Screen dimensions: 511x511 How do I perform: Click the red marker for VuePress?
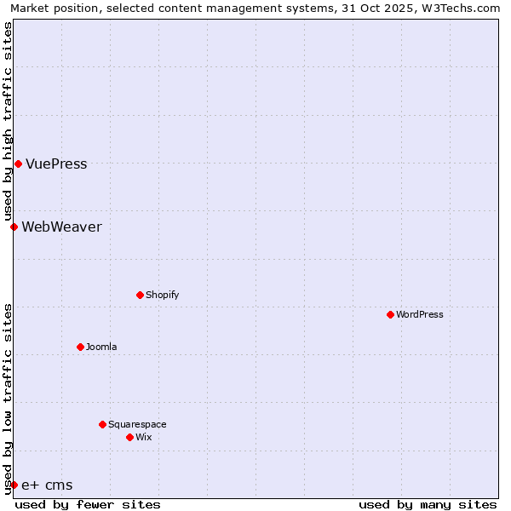(18, 164)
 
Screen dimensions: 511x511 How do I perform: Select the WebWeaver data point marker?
(14, 227)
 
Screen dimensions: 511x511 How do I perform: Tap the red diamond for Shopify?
(140, 295)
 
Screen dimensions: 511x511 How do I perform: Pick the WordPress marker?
(390, 314)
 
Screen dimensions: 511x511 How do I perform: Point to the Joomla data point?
(80, 347)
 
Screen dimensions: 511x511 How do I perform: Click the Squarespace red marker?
(102, 424)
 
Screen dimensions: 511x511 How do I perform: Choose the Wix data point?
(129, 437)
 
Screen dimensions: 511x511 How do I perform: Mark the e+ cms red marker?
(14, 485)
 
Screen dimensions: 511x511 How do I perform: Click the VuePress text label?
(56, 164)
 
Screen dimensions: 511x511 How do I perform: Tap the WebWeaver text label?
(61, 227)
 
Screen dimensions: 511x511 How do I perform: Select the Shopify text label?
(162, 296)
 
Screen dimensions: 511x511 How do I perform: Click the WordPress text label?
(420, 315)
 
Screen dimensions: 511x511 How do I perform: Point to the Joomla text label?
(101, 347)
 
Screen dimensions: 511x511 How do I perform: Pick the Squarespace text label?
(137, 425)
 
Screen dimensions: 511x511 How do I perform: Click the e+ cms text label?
(47, 485)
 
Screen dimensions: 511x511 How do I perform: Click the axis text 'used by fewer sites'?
(88, 504)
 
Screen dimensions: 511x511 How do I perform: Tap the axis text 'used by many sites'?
(428, 504)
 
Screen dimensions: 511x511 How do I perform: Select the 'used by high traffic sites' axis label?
(8, 121)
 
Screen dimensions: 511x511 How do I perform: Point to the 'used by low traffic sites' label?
(8, 399)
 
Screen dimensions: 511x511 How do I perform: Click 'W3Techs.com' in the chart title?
(460, 8)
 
